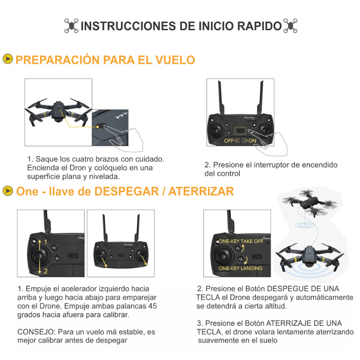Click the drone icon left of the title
pyautogui.click(x=71, y=26)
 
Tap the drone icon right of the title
pyautogui.click(x=290, y=26)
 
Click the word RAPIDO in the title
pyautogui.click(x=258, y=26)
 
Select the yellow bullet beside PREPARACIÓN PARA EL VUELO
pyautogui.click(x=7, y=59)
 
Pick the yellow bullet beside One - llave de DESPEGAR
pyautogui.click(x=7, y=191)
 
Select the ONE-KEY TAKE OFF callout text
pyautogui.click(x=241, y=241)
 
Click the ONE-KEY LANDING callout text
pyautogui.click(x=240, y=268)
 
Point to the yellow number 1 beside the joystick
pyautogui.click(x=45, y=242)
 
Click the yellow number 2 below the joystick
pyautogui.click(x=45, y=271)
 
